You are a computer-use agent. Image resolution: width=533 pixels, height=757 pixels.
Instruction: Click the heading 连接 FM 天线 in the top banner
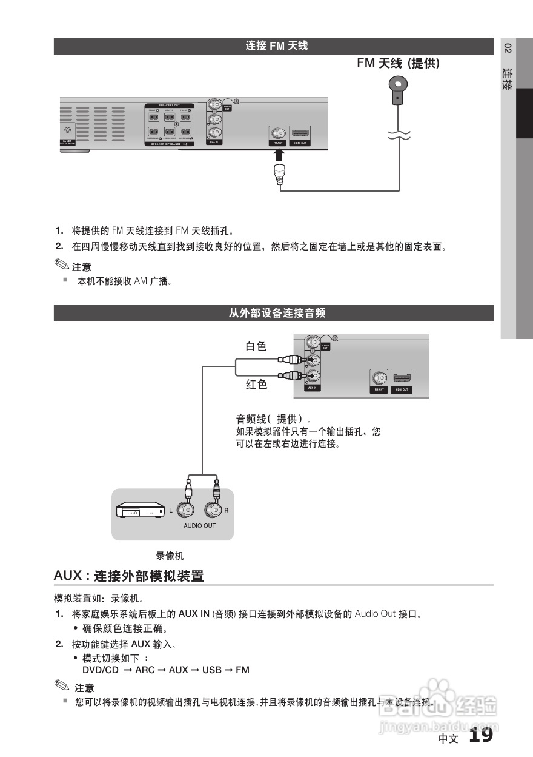click(276, 46)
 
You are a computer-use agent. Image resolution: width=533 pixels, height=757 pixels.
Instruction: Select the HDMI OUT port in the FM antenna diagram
click(300, 134)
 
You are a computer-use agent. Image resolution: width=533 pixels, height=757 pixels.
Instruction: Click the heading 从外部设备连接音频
click(276, 314)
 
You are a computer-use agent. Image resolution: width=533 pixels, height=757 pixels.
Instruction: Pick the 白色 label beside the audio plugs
click(256, 346)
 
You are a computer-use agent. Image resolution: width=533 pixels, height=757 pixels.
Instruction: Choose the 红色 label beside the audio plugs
click(256, 385)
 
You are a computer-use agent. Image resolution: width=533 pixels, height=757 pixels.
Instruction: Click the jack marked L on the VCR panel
click(187, 510)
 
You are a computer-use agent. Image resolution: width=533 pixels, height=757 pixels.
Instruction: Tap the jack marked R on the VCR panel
click(214, 510)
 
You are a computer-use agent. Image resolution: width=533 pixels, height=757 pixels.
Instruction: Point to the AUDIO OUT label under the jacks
click(199, 526)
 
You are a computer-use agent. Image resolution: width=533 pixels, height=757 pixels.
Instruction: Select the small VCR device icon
click(141, 511)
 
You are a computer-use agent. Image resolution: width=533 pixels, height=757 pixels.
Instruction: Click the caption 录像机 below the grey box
click(170, 556)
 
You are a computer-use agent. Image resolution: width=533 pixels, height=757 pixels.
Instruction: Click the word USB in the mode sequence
click(211, 670)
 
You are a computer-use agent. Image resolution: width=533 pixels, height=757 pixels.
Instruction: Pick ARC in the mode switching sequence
click(145, 670)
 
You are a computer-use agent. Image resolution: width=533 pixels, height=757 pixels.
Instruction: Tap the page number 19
click(481, 736)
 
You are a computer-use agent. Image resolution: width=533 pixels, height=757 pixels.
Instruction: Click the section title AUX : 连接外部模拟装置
click(128, 576)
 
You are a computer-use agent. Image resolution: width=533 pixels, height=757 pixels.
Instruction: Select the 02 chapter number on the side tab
click(508, 49)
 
